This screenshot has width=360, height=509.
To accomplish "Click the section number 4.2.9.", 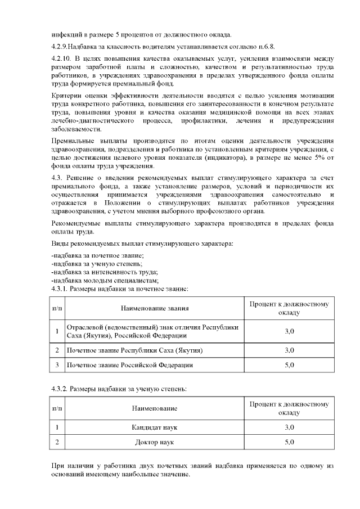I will pyautogui.click(x=60, y=46).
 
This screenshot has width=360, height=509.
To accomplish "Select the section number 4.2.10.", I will pyautogui.click(x=61, y=58).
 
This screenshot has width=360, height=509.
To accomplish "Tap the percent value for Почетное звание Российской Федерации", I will pyautogui.click(x=289, y=365).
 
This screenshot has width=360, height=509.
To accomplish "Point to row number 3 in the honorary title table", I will pyautogui.click(x=57, y=365).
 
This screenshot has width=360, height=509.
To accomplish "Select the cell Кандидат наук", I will pyautogui.click(x=155, y=427).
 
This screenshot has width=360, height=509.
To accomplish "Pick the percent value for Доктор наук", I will pyautogui.click(x=289, y=442).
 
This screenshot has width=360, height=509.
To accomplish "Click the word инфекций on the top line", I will pyautogui.click(x=65, y=33).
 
